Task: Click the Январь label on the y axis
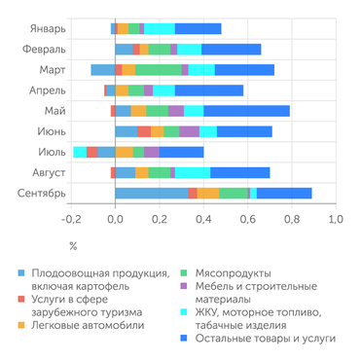point(46,28)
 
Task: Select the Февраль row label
point(43,49)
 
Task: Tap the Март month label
point(53,69)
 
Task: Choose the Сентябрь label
point(41,193)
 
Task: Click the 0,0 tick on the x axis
point(115,220)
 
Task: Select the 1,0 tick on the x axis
point(335,220)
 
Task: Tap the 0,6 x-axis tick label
point(247,220)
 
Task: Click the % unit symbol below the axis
point(72,246)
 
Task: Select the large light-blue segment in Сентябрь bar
point(151,193)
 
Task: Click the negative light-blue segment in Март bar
point(102,69)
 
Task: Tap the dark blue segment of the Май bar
point(246,110)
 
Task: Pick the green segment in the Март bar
point(159,69)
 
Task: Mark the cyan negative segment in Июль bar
point(80,152)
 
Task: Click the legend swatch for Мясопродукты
point(186,273)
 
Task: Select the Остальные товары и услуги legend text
point(265,338)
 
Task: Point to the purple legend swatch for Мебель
point(186,287)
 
